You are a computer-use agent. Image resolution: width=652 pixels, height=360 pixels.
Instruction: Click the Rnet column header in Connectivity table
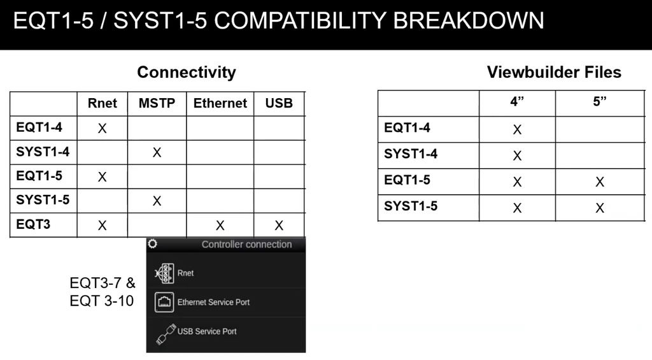pyautogui.click(x=102, y=103)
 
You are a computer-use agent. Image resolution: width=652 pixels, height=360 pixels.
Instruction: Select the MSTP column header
pyautogui.click(x=157, y=103)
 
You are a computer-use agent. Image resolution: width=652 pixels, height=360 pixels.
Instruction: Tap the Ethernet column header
pyautogui.click(x=220, y=103)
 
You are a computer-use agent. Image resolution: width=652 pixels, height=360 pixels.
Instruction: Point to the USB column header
pyautogui.click(x=279, y=103)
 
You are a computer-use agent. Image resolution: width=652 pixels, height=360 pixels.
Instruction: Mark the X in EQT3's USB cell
pyautogui.click(x=279, y=226)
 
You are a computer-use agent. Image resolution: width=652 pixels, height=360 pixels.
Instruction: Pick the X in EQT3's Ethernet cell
pyautogui.click(x=220, y=226)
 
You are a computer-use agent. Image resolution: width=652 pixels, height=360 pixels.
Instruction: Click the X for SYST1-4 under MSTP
pyautogui.click(x=157, y=153)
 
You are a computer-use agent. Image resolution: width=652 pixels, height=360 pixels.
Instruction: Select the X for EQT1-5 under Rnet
pyautogui.click(x=102, y=177)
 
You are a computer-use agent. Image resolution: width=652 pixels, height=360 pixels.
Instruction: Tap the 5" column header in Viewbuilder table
pyautogui.click(x=599, y=102)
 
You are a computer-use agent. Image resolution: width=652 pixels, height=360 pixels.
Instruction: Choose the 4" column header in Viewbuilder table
pyautogui.click(x=517, y=102)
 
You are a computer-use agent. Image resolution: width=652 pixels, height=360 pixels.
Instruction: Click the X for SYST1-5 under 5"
pyautogui.click(x=599, y=208)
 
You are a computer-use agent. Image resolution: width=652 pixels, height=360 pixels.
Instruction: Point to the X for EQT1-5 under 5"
pyautogui.click(x=599, y=182)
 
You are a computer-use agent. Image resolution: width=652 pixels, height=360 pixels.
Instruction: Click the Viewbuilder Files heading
pyautogui.click(x=554, y=72)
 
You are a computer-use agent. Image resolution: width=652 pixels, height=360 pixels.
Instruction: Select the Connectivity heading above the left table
pyautogui.click(x=186, y=72)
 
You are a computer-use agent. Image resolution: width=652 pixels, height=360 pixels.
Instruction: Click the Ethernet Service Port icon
pyautogui.click(x=164, y=302)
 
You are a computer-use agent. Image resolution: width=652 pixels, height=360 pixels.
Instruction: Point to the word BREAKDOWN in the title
pyautogui.click(x=469, y=21)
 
